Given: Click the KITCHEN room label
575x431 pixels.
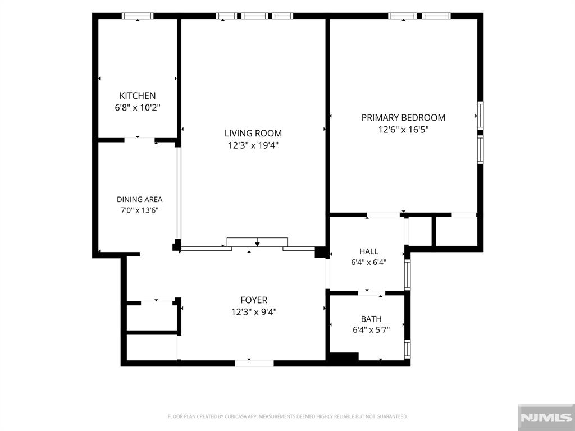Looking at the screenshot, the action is tap(138, 95).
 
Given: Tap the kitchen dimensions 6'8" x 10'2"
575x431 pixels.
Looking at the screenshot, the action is tap(138, 108).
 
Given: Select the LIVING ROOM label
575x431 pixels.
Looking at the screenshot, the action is tap(253, 134).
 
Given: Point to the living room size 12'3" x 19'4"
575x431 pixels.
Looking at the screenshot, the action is tap(253, 145).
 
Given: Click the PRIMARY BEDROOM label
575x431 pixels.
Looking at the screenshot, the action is tap(403, 118).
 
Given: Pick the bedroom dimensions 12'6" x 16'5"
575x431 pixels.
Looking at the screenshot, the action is tap(403, 130).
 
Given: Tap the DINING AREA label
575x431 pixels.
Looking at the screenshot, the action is tap(139, 200).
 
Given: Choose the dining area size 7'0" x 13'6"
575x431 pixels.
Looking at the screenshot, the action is tap(139, 210).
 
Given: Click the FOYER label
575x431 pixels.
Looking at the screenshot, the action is tap(254, 300).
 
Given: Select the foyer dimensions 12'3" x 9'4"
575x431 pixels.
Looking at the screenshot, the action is tap(254, 312).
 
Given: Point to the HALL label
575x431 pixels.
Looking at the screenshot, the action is tap(368, 251).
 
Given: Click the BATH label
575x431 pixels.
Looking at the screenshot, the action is tap(371, 319).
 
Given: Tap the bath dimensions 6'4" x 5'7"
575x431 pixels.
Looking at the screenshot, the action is tap(371, 330).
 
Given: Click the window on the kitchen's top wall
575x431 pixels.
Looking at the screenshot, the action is tap(138, 16).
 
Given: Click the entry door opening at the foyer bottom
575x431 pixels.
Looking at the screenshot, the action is tap(254, 363).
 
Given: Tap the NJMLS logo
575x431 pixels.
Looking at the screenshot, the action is tap(546, 417).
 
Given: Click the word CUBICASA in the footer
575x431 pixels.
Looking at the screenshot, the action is tap(238, 416).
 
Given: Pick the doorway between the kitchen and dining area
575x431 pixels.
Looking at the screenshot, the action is tap(139, 140).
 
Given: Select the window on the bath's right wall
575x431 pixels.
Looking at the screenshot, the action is tap(408, 349).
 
